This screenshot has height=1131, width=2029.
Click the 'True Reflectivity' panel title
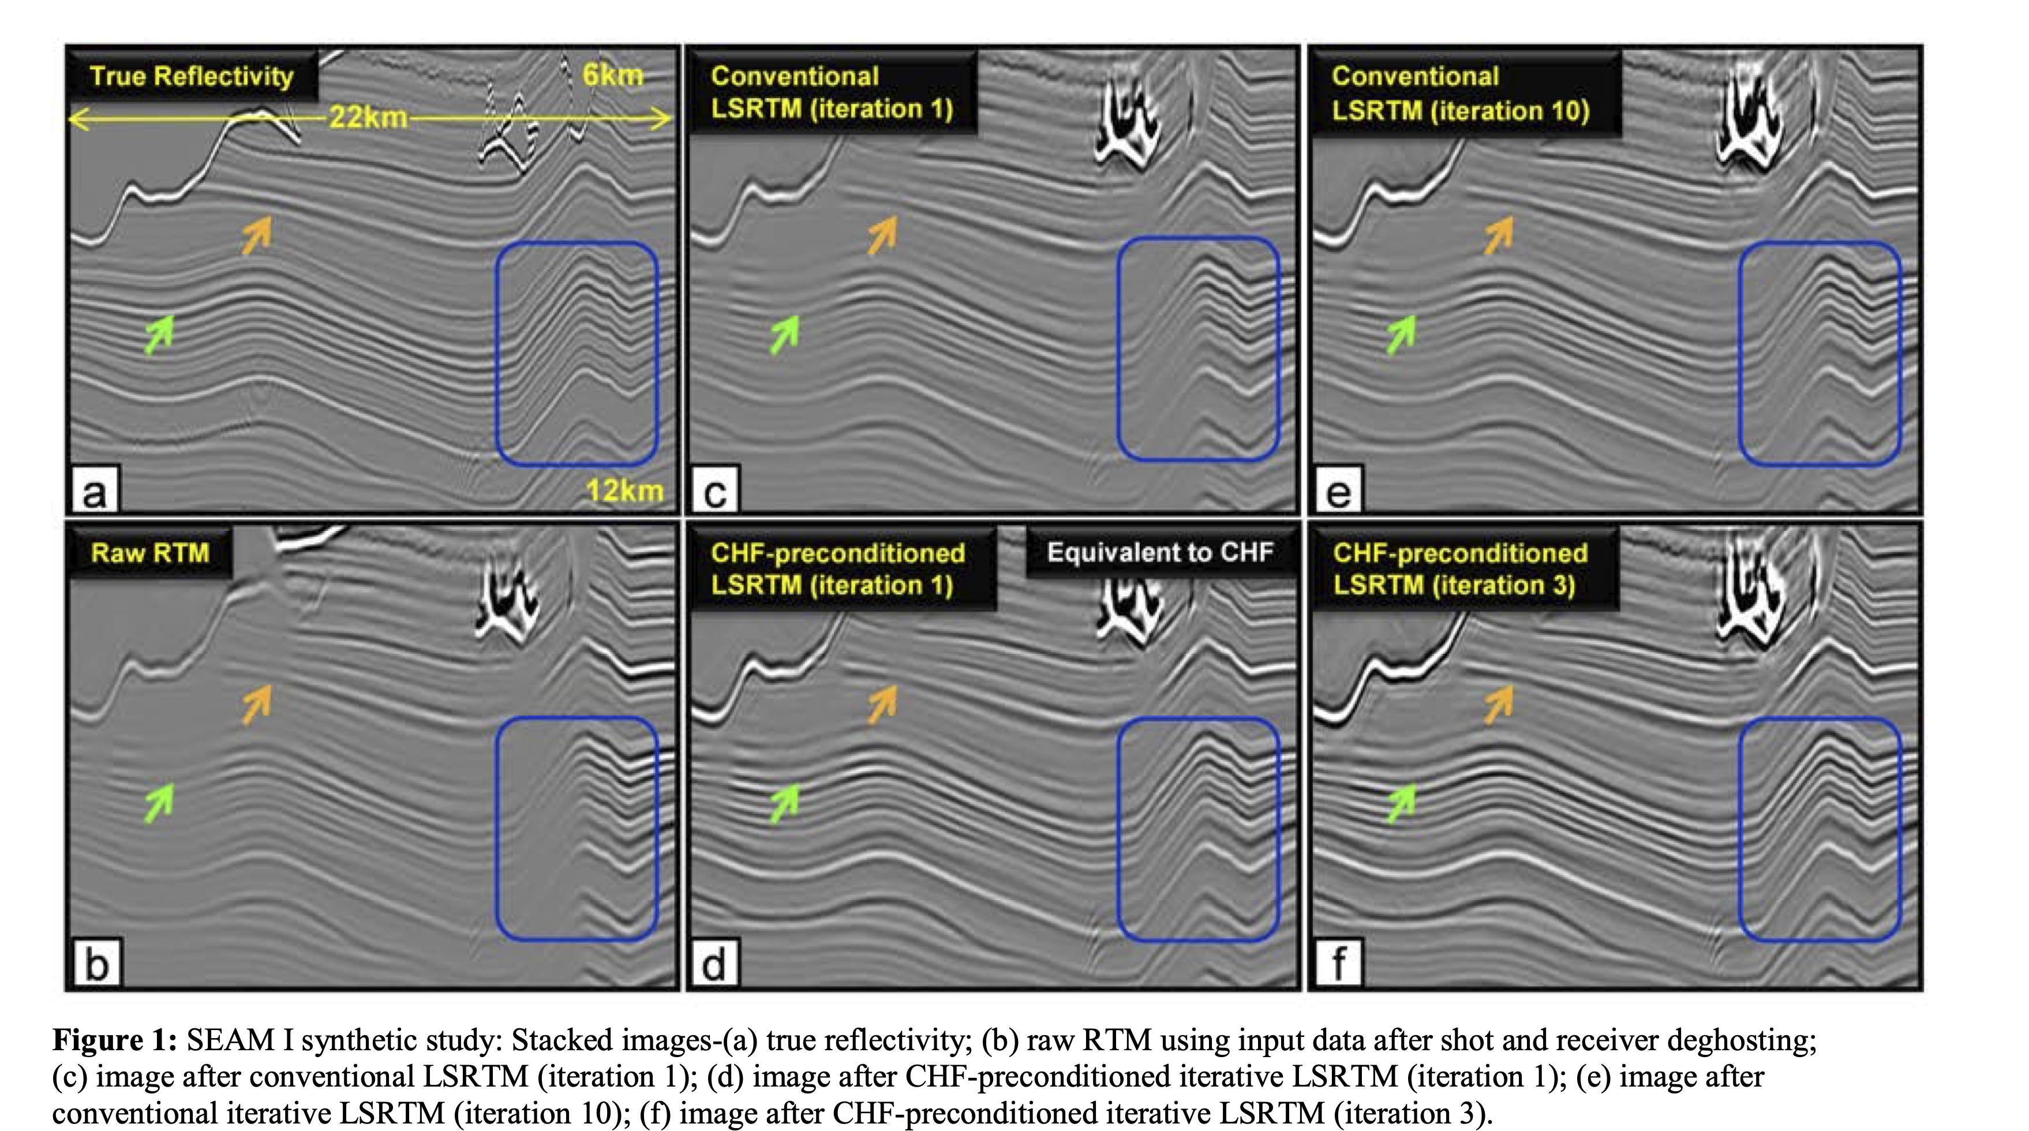point(192,76)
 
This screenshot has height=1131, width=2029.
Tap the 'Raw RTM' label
point(149,553)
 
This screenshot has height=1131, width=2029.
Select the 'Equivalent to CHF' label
point(1159,553)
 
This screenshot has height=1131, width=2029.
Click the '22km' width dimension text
point(368,118)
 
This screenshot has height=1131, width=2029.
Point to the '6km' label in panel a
point(612,76)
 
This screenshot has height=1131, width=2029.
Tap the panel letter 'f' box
point(1338,963)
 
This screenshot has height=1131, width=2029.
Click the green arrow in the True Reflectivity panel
point(160,334)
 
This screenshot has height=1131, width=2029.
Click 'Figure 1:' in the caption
point(115,1040)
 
